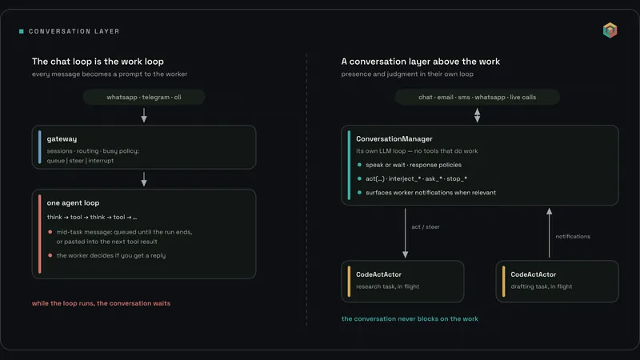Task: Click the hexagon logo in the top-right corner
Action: (610, 30)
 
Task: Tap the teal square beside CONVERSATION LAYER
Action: (22, 31)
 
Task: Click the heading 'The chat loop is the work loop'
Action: (98, 62)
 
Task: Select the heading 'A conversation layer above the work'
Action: (421, 62)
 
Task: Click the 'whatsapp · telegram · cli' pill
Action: (144, 97)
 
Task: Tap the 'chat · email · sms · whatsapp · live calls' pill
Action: (477, 97)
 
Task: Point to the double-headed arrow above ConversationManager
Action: (477, 115)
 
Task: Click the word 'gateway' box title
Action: (62, 139)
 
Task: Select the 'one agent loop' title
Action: (73, 203)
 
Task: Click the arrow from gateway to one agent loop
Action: (144, 179)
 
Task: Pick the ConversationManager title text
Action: (394, 138)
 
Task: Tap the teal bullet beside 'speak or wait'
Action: (359, 165)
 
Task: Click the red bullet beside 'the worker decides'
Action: (50, 255)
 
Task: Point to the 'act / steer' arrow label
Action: (426, 227)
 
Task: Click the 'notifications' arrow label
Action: (573, 236)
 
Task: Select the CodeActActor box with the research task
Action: (402, 282)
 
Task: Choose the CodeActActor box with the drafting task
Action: (557, 282)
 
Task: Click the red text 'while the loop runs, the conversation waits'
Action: (102, 303)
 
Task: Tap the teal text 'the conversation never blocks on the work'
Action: (410, 318)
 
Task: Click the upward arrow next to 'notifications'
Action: (550, 233)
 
